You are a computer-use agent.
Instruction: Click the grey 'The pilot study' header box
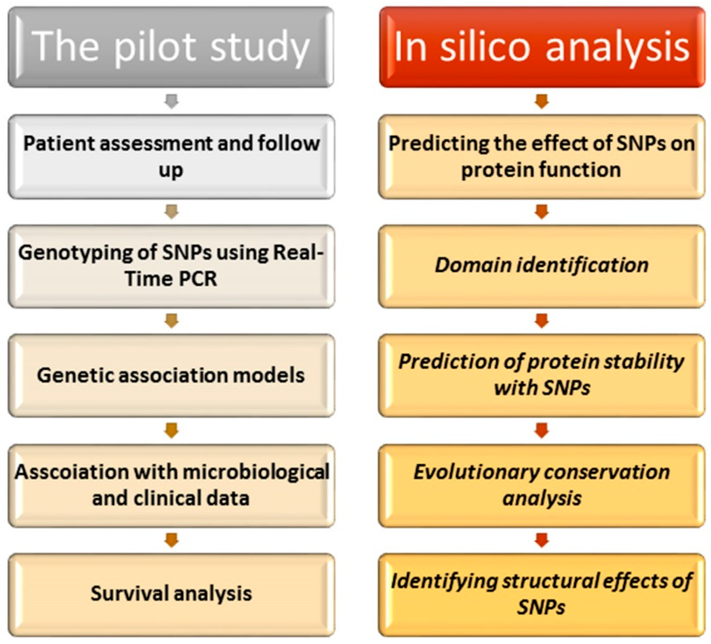click(171, 47)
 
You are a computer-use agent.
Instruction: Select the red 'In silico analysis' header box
click(542, 47)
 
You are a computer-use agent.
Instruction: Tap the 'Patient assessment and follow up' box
click(171, 157)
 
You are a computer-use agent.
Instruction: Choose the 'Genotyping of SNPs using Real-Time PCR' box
click(171, 266)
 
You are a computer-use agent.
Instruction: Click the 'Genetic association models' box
click(171, 375)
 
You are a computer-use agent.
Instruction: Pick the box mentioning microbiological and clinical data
click(171, 485)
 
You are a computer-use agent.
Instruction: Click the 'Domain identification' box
click(542, 266)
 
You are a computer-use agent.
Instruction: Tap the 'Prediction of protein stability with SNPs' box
click(542, 375)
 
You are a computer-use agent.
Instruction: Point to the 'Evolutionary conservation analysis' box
click(542, 485)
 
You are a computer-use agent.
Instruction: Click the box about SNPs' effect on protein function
click(542, 157)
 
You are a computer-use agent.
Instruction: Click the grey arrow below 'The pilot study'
click(171, 101)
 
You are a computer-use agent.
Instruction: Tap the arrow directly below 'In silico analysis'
click(542, 101)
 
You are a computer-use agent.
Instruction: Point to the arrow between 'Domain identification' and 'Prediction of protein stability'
click(542, 321)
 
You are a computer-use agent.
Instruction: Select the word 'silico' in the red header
click(485, 47)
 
